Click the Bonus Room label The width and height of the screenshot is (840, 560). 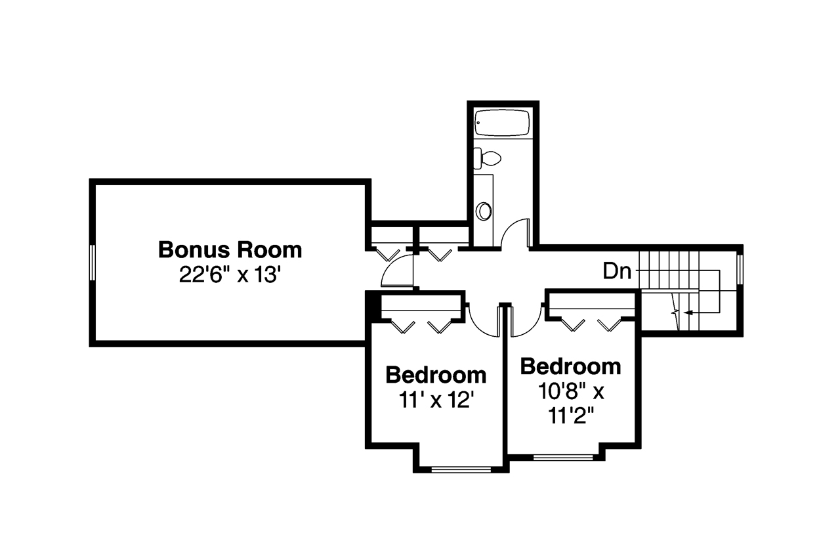click(230, 250)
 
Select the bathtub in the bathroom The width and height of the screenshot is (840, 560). click(503, 123)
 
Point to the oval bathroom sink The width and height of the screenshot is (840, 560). click(484, 211)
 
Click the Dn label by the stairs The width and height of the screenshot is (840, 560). click(617, 271)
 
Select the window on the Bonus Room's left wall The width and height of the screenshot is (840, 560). click(93, 263)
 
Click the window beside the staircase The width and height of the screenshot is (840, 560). click(740, 269)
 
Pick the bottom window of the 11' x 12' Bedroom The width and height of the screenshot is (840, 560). click(461, 469)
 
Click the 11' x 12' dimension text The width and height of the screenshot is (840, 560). click(436, 400)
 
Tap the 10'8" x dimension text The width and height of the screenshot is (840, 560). click(570, 392)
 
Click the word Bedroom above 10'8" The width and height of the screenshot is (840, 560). click(570, 366)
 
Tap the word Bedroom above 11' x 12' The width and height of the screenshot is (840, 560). click(436, 376)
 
